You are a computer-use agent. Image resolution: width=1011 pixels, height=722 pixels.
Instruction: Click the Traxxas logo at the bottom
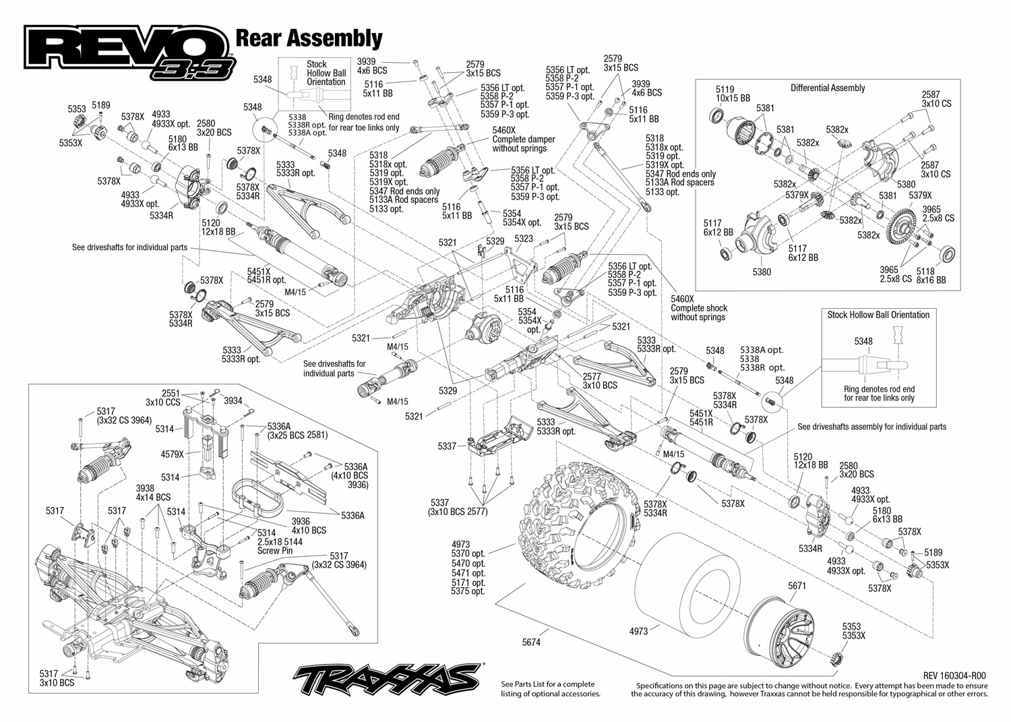click(x=387, y=678)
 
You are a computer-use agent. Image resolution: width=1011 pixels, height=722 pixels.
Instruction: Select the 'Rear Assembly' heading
click(x=309, y=38)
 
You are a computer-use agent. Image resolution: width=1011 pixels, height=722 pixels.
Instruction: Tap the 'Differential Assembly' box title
click(x=827, y=88)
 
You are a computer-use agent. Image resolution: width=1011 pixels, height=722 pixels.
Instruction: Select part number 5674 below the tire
click(x=531, y=642)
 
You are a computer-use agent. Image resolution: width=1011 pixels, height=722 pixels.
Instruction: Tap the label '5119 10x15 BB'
click(x=732, y=93)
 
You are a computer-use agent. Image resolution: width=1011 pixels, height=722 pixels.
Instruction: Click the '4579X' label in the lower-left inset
click(x=172, y=454)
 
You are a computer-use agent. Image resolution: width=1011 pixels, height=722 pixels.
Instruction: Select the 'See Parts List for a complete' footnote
click(x=547, y=684)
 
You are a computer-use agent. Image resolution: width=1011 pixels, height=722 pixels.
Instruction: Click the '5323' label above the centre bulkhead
click(x=523, y=239)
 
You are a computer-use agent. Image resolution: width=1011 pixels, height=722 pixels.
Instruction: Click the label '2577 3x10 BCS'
click(x=599, y=381)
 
